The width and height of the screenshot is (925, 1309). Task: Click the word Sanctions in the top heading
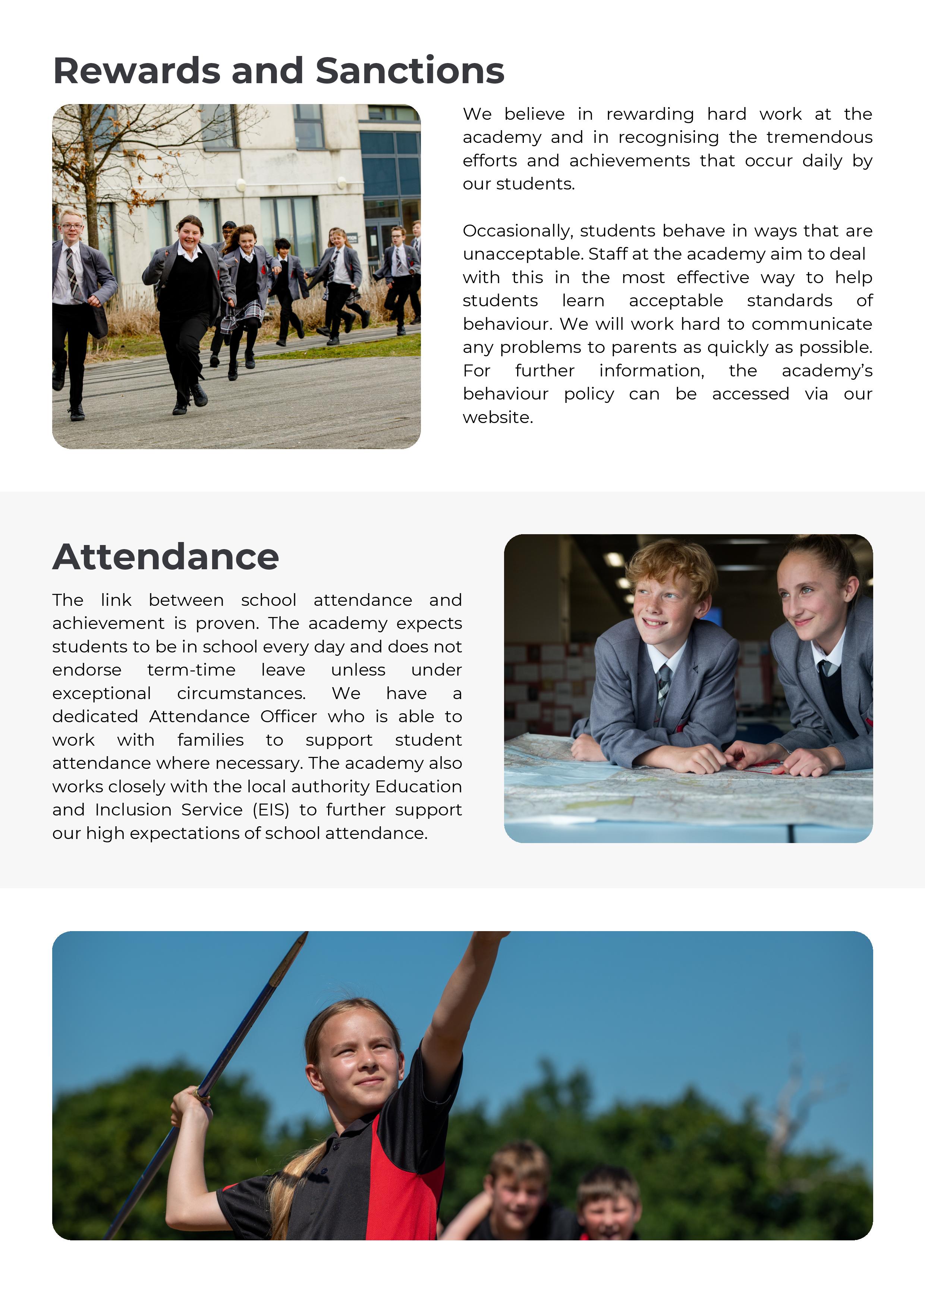(409, 71)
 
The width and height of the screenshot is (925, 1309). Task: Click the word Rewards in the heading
(136, 71)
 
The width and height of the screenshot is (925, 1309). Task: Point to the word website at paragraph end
(497, 417)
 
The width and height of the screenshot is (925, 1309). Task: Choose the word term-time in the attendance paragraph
(191, 670)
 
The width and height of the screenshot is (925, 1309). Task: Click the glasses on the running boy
(72, 226)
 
